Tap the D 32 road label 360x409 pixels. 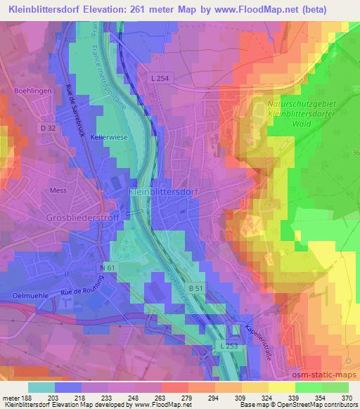pos(47,128)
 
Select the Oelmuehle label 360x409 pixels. pos(25,295)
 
